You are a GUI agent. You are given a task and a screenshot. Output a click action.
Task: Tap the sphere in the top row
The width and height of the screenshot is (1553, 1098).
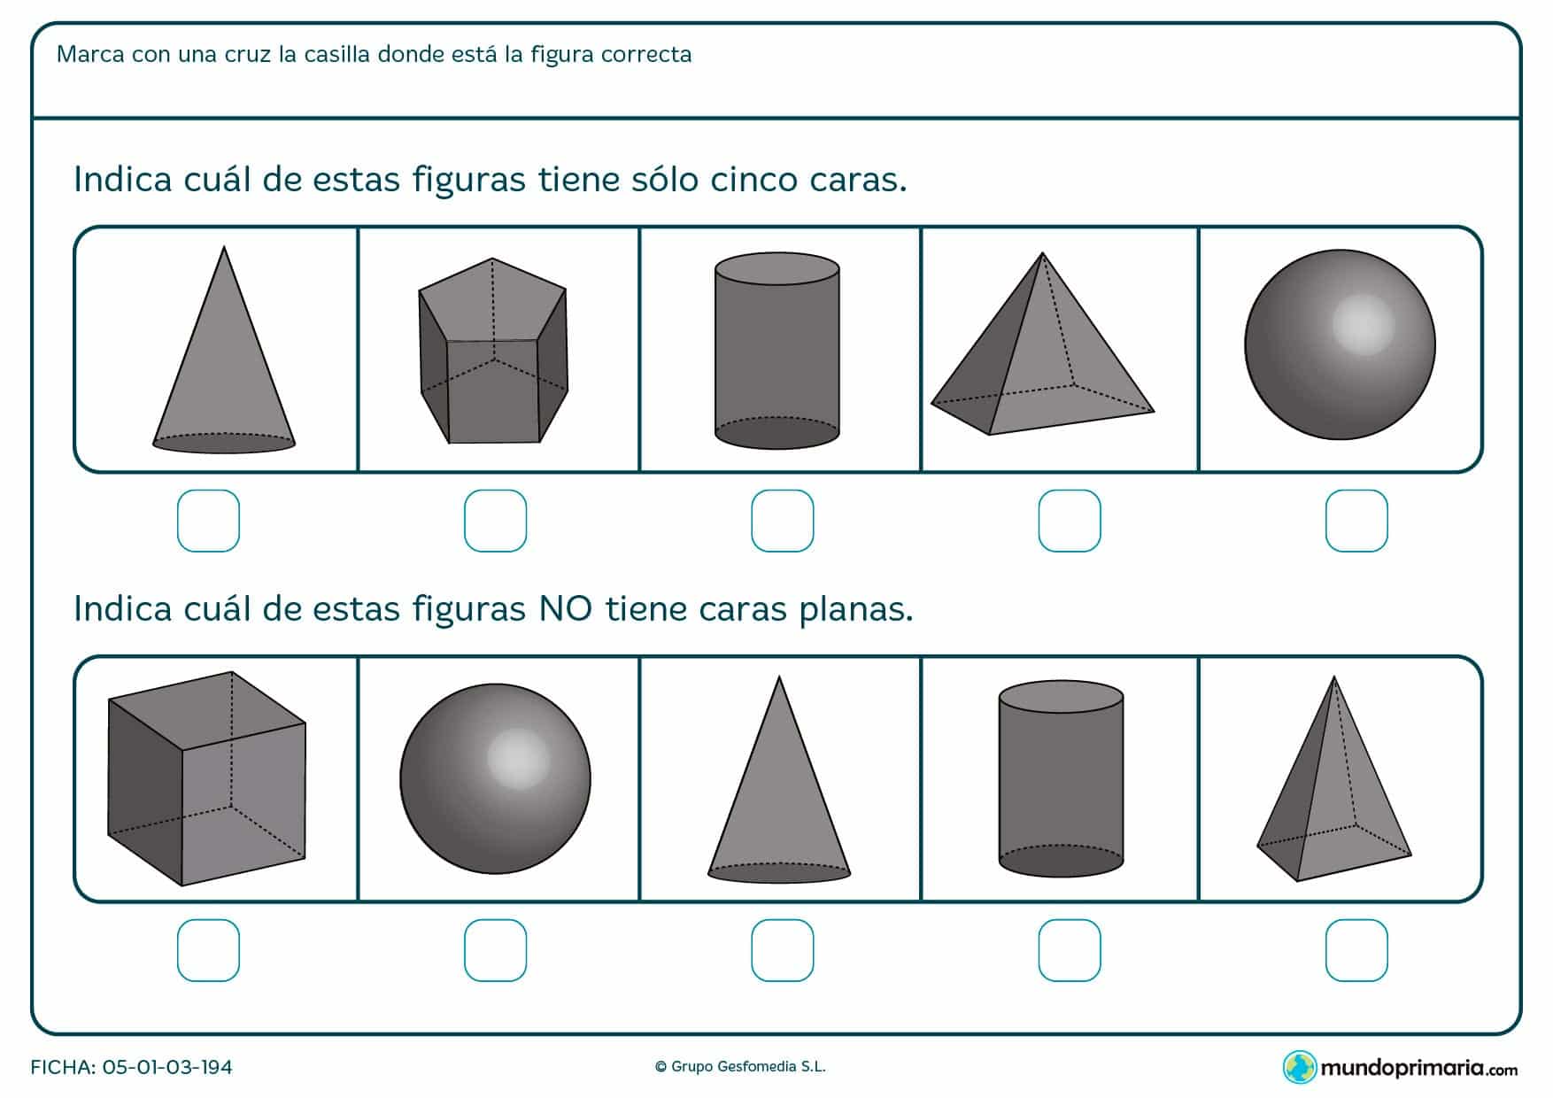click(1340, 344)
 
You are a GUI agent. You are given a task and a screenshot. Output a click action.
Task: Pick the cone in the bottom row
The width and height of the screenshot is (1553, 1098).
click(779, 788)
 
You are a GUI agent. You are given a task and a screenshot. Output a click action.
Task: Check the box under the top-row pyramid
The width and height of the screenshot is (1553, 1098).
click(1070, 521)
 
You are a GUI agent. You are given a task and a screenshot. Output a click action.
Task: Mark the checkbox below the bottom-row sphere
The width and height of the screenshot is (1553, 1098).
click(495, 950)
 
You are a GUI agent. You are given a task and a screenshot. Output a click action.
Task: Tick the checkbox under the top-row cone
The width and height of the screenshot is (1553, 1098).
click(208, 521)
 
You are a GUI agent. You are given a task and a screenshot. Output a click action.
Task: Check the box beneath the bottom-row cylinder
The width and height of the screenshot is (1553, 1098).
click(1070, 950)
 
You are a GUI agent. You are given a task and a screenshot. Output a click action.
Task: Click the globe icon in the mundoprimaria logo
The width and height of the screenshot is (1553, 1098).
click(1298, 1067)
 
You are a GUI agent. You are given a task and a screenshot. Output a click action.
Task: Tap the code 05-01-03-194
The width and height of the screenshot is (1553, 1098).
click(167, 1067)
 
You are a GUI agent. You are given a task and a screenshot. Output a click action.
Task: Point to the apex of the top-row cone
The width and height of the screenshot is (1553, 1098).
click(224, 250)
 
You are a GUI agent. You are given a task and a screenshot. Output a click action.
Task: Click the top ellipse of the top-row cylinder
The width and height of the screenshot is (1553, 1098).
click(777, 267)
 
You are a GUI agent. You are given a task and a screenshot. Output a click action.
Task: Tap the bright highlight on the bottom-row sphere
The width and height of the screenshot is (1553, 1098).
click(518, 758)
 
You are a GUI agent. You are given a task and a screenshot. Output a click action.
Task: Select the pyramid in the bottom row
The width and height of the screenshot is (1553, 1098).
click(1333, 788)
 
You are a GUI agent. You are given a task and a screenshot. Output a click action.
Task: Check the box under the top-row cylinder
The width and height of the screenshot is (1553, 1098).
click(782, 521)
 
